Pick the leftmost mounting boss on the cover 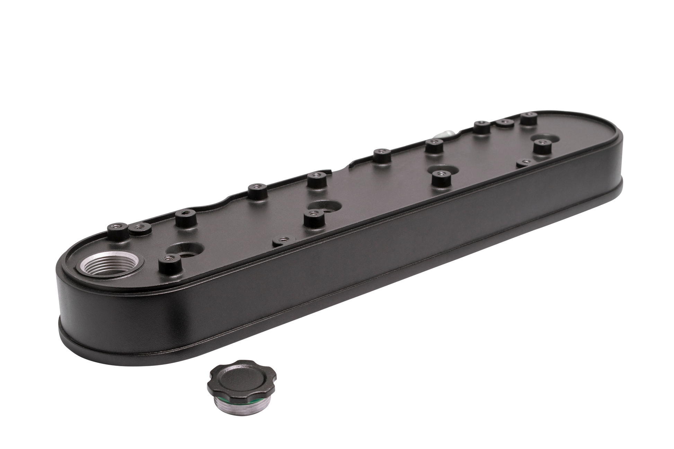116,230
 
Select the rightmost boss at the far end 528,119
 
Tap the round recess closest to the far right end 546,138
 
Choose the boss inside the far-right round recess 542,147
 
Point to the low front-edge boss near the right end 524,163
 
